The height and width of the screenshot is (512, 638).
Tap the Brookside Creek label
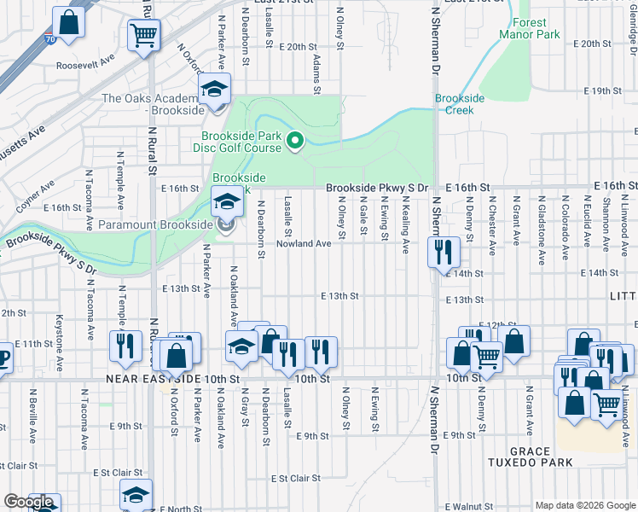point(460,104)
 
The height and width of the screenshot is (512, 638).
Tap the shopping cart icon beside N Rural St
point(144,35)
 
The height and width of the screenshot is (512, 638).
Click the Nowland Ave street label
point(303,244)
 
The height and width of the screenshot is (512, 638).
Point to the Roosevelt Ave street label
point(85,64)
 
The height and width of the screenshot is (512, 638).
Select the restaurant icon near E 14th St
point(444,251)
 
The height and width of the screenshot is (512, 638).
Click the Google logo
point(28,502)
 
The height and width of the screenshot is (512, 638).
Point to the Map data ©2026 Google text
point(584,505)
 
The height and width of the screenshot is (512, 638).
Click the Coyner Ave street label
point(34,192)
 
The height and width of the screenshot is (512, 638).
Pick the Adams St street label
point(316,75)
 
